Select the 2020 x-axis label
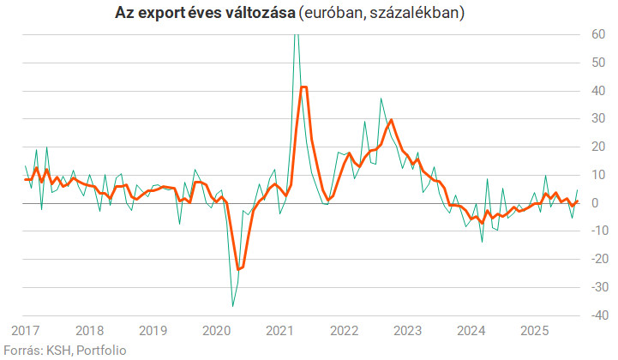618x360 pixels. tap(217, 330)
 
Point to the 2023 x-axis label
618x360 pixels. tap(408, 330)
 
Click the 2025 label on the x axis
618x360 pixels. tap(535, 330)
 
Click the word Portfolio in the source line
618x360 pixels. tap(100, 349)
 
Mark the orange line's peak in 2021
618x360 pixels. tap(303, 87)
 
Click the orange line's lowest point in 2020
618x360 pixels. tap(238, 270)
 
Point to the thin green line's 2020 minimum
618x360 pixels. tap(232, 306)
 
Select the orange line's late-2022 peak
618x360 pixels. tap(392, 120)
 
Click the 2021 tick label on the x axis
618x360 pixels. tap(280, 330)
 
